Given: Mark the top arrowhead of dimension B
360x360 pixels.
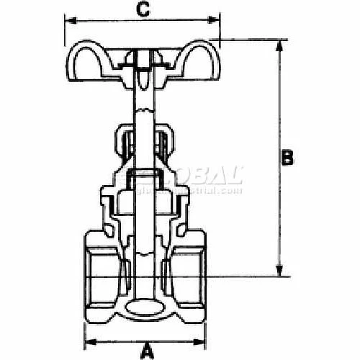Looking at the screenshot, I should [278, 45].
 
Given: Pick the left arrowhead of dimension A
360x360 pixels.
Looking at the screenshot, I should [89, 341].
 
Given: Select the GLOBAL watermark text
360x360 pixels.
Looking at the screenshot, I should [209, 176].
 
